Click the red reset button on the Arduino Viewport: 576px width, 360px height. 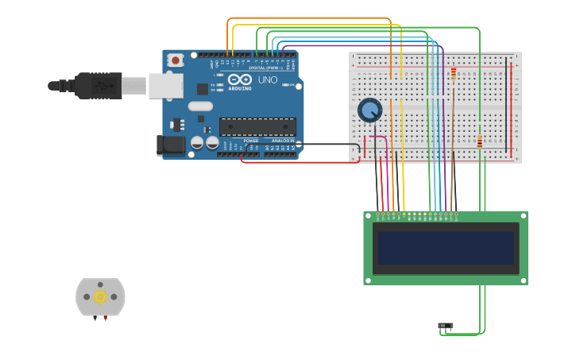pos(175,60)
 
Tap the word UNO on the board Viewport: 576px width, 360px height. pos(268,80)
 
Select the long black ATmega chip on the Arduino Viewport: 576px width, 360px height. pos(257,126)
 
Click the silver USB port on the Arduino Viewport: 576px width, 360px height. pos(165,85)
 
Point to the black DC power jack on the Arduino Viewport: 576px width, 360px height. pos(170,145)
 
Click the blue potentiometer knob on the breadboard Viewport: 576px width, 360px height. pos(369,109)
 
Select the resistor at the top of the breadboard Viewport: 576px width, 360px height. pos(454,75)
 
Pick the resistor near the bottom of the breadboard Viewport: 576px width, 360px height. pos(480,142)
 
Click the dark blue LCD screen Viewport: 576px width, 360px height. pos(445,248)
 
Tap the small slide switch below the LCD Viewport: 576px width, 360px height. pos(445,325)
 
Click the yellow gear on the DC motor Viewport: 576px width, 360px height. pos(100,296)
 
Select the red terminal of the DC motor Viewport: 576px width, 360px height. pos(105,318)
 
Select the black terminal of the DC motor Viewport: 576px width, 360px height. pos(95,318)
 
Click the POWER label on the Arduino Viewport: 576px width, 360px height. pos(250,141)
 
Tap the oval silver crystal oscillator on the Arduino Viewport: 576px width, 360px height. pos(200,106)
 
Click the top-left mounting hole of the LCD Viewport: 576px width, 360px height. pos(369,216)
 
